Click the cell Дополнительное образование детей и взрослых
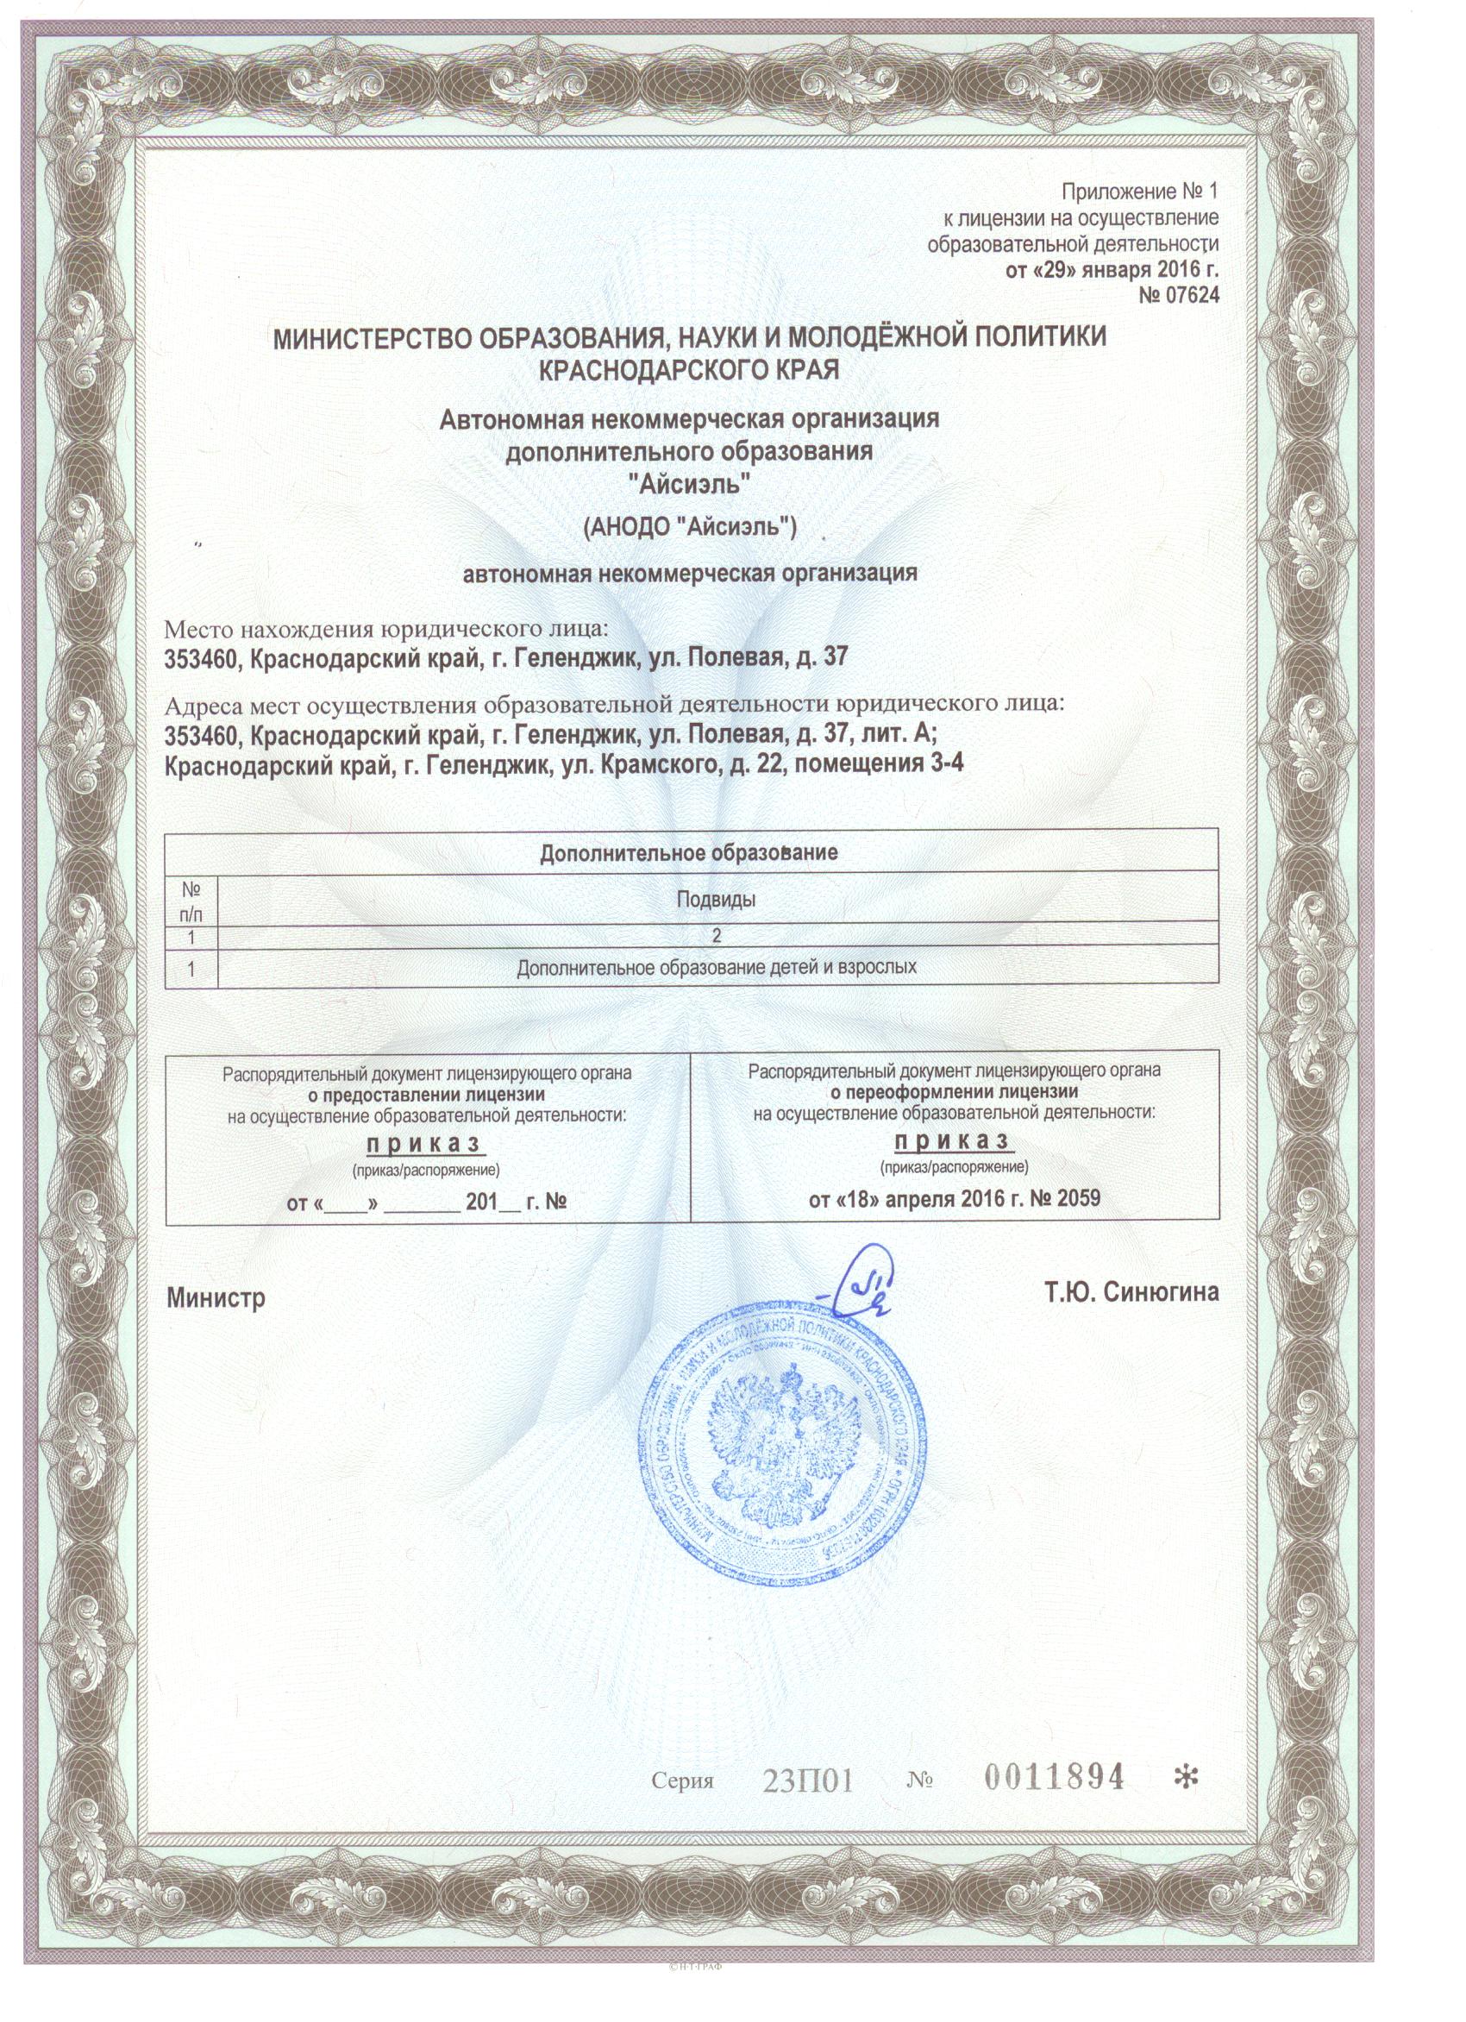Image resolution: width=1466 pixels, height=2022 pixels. [717, 966]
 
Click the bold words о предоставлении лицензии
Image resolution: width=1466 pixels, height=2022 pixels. [428, 1096]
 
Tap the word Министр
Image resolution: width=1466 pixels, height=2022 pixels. [216, 1298]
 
